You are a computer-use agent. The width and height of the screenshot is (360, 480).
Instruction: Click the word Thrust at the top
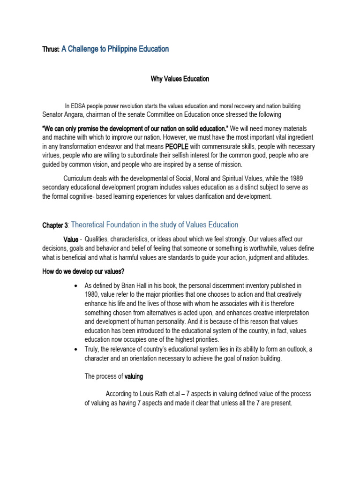coord(51,49)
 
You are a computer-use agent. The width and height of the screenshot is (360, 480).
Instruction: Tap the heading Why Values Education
coord(180,79)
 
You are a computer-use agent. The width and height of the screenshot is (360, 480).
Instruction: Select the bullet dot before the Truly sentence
coord(76,349)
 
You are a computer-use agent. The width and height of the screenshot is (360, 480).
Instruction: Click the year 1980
coord(92,294)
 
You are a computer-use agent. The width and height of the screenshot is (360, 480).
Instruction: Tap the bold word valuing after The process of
coord(134,376)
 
